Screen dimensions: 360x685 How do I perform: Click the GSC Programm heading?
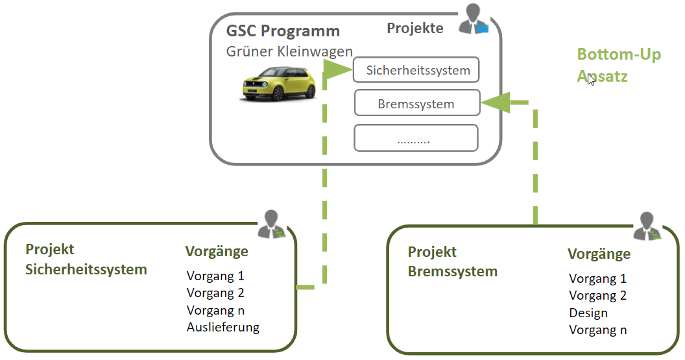283,31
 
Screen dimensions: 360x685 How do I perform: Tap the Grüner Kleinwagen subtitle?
289,52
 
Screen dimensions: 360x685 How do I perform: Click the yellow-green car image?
279,84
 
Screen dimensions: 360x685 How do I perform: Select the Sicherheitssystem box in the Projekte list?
416,70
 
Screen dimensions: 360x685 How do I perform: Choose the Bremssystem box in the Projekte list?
416,104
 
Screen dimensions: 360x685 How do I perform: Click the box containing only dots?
416,138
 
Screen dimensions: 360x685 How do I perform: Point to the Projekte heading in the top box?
415,29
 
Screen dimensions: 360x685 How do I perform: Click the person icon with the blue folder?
473,19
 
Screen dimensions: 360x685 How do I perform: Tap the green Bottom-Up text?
619,54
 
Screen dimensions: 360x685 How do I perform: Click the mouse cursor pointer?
591,79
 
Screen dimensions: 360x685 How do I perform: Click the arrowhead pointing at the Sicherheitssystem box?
336,69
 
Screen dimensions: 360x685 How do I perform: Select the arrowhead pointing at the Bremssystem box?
494,102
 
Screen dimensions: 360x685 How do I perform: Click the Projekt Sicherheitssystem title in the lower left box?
86,259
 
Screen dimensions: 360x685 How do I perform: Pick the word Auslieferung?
222,327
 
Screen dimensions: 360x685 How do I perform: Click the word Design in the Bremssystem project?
588,313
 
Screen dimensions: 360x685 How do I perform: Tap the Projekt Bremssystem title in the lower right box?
453,261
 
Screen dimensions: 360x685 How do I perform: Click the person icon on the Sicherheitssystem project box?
272,224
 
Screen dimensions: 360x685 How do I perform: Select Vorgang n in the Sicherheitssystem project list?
215,310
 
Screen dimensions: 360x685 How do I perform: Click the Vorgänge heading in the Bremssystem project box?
599,254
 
